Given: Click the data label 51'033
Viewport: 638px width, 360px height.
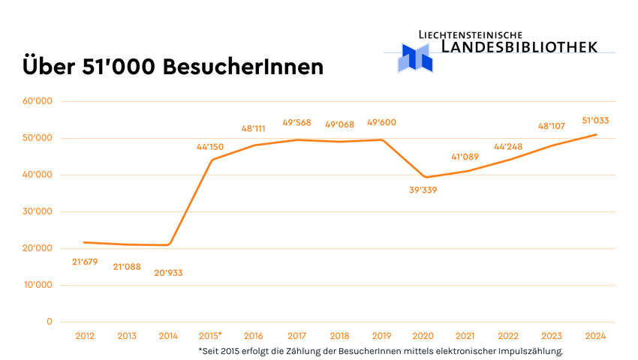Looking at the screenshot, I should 595,120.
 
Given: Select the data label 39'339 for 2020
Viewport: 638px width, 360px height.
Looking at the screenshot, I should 423,190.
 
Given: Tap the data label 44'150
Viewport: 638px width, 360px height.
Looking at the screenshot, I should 210,147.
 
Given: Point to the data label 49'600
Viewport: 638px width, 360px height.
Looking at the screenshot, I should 381,123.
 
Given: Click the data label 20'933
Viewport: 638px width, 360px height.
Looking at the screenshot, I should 168,273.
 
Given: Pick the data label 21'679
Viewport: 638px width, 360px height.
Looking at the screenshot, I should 85,262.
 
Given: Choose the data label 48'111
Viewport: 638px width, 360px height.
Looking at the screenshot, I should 253,129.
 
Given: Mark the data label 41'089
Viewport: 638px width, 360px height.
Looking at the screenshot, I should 465,157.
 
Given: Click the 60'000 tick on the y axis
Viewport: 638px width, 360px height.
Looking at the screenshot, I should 38,101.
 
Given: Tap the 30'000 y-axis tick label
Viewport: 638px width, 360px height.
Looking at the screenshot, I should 38,211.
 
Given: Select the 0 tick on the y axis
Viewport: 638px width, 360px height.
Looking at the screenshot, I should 50,322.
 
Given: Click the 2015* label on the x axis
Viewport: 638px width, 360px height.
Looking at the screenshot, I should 211,336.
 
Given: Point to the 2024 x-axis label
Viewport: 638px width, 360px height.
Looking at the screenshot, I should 595,336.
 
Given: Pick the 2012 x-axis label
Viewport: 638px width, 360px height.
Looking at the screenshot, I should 85,336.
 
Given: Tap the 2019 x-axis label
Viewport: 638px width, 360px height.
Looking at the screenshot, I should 381,336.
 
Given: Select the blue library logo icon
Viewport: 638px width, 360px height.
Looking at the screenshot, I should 415,58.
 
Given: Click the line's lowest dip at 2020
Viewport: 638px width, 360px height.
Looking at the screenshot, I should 426,177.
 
